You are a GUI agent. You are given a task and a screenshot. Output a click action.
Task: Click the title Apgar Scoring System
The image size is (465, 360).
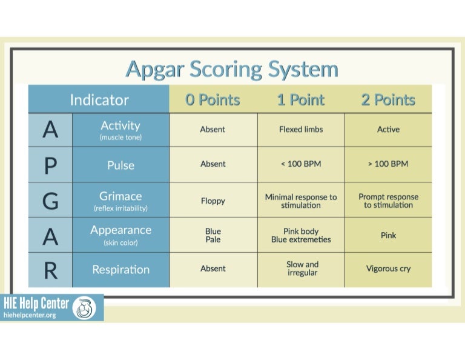click(232, 69)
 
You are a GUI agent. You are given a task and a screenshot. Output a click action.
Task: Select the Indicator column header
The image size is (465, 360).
click(99, 99)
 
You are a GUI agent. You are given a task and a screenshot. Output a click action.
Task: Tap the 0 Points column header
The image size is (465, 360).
click(213, 100)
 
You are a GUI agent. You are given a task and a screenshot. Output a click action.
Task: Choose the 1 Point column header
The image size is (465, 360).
click(301, 100)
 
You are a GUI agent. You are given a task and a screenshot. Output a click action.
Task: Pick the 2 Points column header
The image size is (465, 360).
click(388, 100)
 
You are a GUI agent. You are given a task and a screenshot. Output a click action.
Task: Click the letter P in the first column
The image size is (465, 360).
click(50, 165)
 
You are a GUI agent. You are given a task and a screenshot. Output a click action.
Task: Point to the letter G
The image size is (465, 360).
click(50, 201)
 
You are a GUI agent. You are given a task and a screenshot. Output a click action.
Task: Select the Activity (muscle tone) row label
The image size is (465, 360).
click(120, 130)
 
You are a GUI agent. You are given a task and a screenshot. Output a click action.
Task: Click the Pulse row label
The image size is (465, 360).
click(120, 165)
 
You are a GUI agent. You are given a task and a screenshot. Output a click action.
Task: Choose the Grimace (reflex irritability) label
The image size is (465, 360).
click(120, 201)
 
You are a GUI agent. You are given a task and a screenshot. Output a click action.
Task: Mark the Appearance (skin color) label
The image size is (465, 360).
click(120, 235)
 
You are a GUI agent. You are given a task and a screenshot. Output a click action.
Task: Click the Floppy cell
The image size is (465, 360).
click(213, 201)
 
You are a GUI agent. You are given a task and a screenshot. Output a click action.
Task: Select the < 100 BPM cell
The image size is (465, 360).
click(301, 164)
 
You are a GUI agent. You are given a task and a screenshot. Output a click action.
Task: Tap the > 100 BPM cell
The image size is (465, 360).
click(388, 164)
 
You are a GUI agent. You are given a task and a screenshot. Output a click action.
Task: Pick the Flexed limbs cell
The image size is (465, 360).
click(301, 129)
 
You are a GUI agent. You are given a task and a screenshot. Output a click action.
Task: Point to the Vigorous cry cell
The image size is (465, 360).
click(388, 268)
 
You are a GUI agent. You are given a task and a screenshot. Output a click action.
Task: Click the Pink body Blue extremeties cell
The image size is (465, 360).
click(301, 235)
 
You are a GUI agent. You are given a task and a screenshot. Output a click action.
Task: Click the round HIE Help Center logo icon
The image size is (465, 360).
click(84, 308)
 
